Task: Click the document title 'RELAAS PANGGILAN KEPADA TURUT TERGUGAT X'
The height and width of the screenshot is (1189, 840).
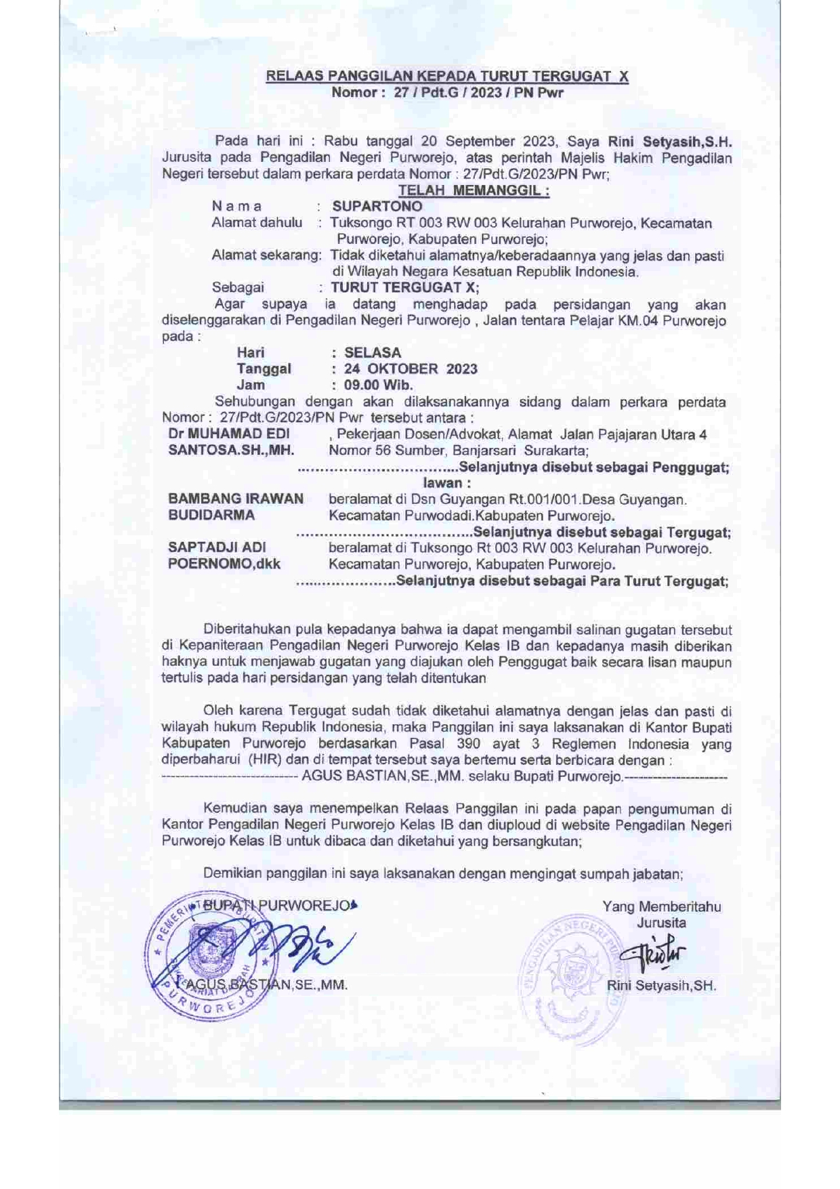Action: coord(447,76)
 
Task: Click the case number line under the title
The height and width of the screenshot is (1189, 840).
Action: coord(447,92)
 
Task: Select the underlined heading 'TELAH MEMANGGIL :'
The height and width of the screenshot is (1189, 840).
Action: coord(474,190)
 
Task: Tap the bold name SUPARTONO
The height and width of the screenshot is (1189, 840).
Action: coord(377,206)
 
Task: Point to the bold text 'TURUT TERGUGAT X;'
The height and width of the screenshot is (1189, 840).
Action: coord(404,287)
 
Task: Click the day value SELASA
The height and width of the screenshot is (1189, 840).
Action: coord(373,352)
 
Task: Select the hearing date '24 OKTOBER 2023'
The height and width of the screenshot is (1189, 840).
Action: coord(411,369)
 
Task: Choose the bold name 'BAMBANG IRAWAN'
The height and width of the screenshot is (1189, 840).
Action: coord(236,499)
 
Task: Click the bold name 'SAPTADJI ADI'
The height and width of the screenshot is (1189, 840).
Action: coord(217,547)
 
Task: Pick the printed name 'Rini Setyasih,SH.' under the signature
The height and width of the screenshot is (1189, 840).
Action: coord(661,986)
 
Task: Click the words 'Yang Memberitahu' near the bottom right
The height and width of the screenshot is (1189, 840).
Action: coord(661,906)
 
